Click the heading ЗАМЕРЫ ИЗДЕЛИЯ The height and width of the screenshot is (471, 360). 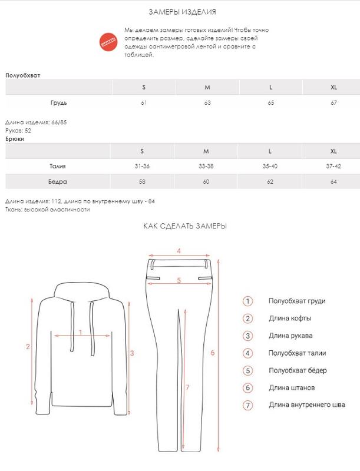180,12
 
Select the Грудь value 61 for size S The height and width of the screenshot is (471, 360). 143,104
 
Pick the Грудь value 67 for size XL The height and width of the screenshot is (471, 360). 333,104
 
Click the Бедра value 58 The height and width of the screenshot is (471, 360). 143,182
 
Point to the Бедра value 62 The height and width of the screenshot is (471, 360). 270,182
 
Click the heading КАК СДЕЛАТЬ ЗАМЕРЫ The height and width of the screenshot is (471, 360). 184,226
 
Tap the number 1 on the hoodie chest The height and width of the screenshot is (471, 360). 80,333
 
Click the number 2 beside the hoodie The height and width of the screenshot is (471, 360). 28,346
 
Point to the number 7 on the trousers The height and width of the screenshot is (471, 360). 187,387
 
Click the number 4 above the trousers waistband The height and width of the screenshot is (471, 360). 179,251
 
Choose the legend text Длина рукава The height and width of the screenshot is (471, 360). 290,336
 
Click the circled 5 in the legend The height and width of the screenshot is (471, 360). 248,370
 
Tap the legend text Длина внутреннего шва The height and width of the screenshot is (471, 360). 306,404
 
